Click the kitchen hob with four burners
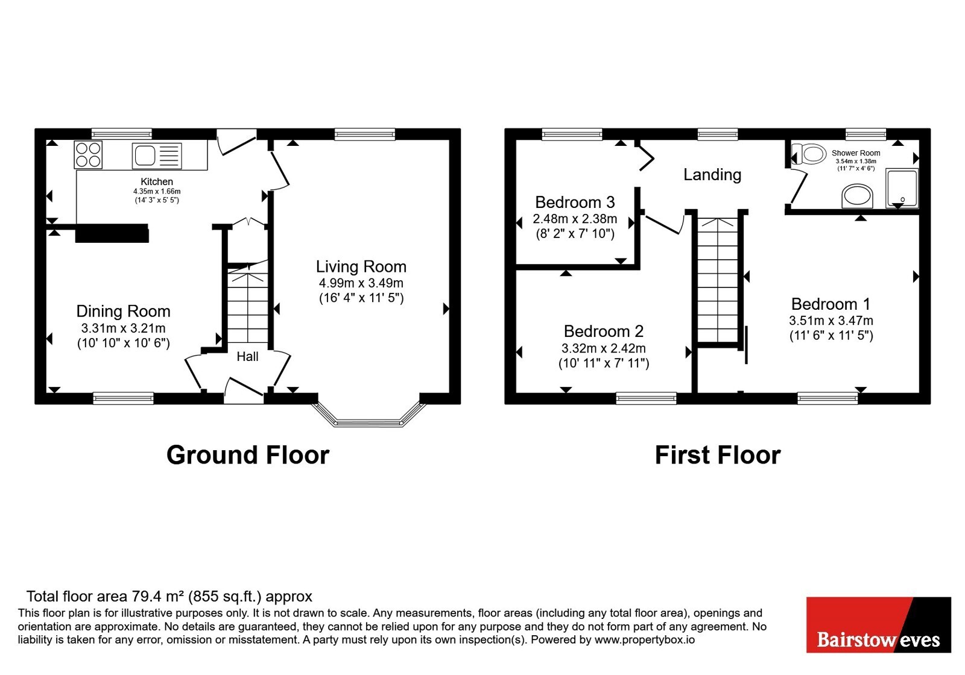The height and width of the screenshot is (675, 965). (x=88, y=154)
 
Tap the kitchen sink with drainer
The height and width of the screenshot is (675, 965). (x=157, y=155)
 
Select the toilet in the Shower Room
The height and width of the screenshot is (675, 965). (x=809, y=154)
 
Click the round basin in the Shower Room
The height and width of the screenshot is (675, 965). (x=857, y=196)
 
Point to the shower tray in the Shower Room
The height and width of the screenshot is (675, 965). (x=902, y=188)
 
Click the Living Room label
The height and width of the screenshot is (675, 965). (x=361, y=266)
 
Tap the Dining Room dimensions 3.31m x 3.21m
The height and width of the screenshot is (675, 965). (x=124, y=328)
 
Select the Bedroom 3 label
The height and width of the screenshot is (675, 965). (x=575, y=202)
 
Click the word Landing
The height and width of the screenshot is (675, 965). (x=712, y=174)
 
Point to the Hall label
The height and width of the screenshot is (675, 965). (x=248, y=356)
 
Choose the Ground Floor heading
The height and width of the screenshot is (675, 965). (x=248, y=455)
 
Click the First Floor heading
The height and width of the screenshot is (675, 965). (x=718, y=455)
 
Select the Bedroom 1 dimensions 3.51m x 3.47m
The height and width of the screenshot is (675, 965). (x=831, y=321)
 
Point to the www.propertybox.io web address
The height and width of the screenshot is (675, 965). (x=645, y=639)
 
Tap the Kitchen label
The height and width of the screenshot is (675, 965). (x=157, y=181)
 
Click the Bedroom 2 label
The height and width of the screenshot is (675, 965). (x=604, y=331)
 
